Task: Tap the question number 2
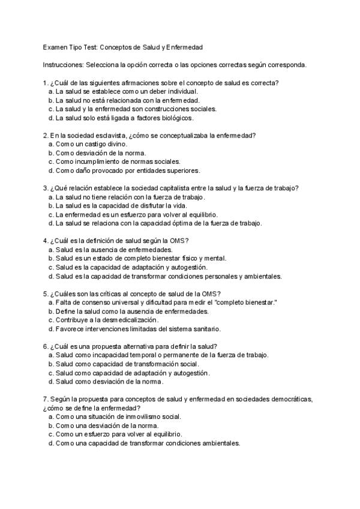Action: (x=46, y=135)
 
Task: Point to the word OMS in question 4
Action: (x=178, y=241)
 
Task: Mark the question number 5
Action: (x=46, y=294)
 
